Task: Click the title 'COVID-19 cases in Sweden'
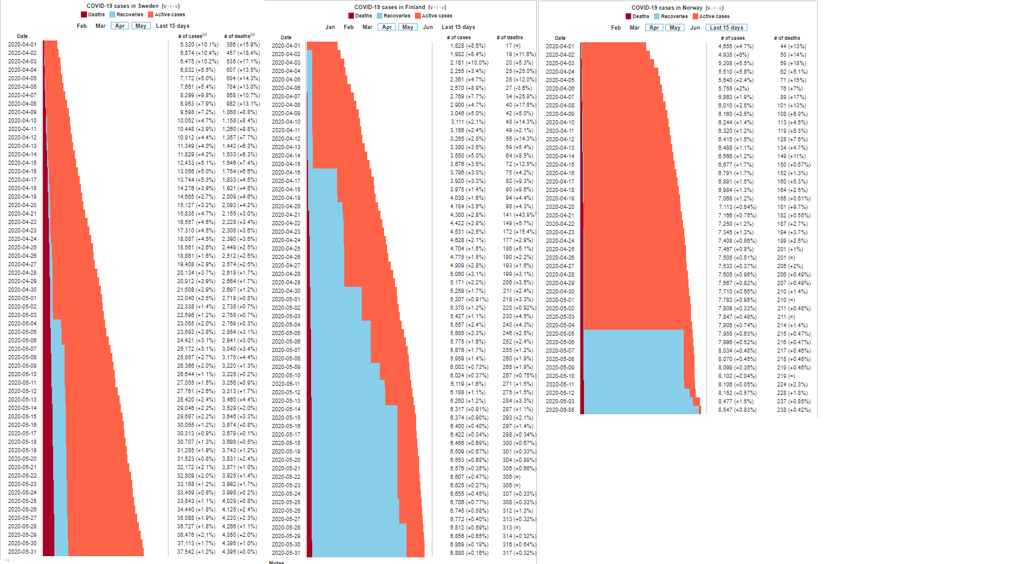(122, 6)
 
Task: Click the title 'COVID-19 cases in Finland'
(390, 7)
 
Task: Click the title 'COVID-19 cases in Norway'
(667, 8)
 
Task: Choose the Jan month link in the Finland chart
(330, 27)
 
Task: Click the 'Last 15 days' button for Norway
(727, 28)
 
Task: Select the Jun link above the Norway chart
(695, 28)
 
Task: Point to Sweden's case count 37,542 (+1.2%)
(196, 551)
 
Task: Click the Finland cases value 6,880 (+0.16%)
(469, 553)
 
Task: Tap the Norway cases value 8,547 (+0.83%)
(737, 410)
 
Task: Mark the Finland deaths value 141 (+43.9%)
(519, 214)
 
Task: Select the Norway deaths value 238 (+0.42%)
(794, 410)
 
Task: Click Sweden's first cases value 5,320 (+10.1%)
(199, 44)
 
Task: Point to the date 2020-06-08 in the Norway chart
(560, 410)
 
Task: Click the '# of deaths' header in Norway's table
(786, 38)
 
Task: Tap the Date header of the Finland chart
(286, 37)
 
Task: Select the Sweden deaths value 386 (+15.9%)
(243, 44)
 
